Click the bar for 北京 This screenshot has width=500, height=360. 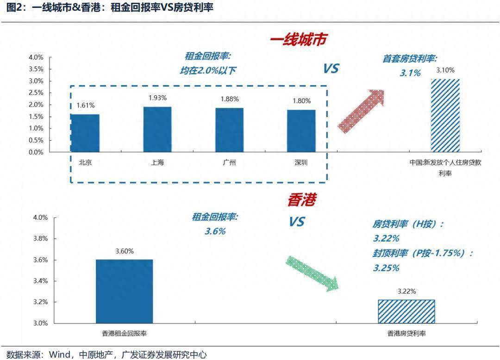[x=85, y=133]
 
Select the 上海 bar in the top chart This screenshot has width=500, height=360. [x=157, y=129]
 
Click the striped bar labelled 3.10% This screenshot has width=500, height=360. [x=445, y=115]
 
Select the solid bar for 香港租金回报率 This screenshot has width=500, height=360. [x=124, y=291]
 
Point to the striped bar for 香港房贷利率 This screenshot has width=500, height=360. [x=406, y=311]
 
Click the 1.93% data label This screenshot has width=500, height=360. [x=157, y=98]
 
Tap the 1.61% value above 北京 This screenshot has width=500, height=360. [x=85, y=106]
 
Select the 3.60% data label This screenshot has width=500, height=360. [x=124, y=251]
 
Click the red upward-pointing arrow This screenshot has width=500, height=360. [x=362, y=111]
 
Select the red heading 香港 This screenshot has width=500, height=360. [x=301, y=200]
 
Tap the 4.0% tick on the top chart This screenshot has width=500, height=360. [x=36, y=57]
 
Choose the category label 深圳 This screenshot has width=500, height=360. [x=301, y=162]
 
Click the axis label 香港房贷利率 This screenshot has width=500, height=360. [x=406, y=333]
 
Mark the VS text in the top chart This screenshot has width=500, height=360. [x=331, y=69]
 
